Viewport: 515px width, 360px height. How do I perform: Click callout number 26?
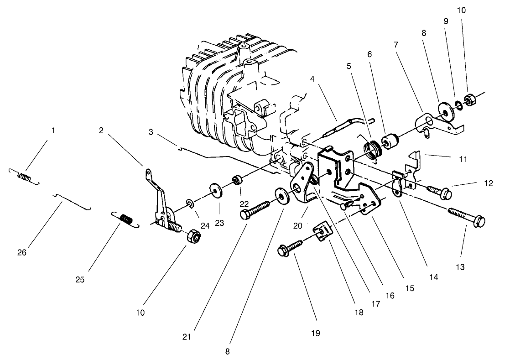(22, 253)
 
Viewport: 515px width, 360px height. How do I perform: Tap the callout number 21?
(187, 337)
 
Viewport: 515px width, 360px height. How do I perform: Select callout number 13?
(460, 267)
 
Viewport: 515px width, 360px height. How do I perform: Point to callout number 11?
(463, 159)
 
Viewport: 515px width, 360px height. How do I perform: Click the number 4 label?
(312, 79)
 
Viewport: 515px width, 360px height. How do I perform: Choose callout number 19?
(315, 333)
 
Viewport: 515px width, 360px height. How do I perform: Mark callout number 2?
(101, 130)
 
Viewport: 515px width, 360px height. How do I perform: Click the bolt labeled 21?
(255, 210)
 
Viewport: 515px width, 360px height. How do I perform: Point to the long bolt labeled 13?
(467, 217)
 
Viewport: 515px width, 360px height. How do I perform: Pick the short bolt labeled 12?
(439, 191)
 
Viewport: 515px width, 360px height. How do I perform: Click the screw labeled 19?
(290, 247)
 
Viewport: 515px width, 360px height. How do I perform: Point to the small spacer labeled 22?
(238, 180)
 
